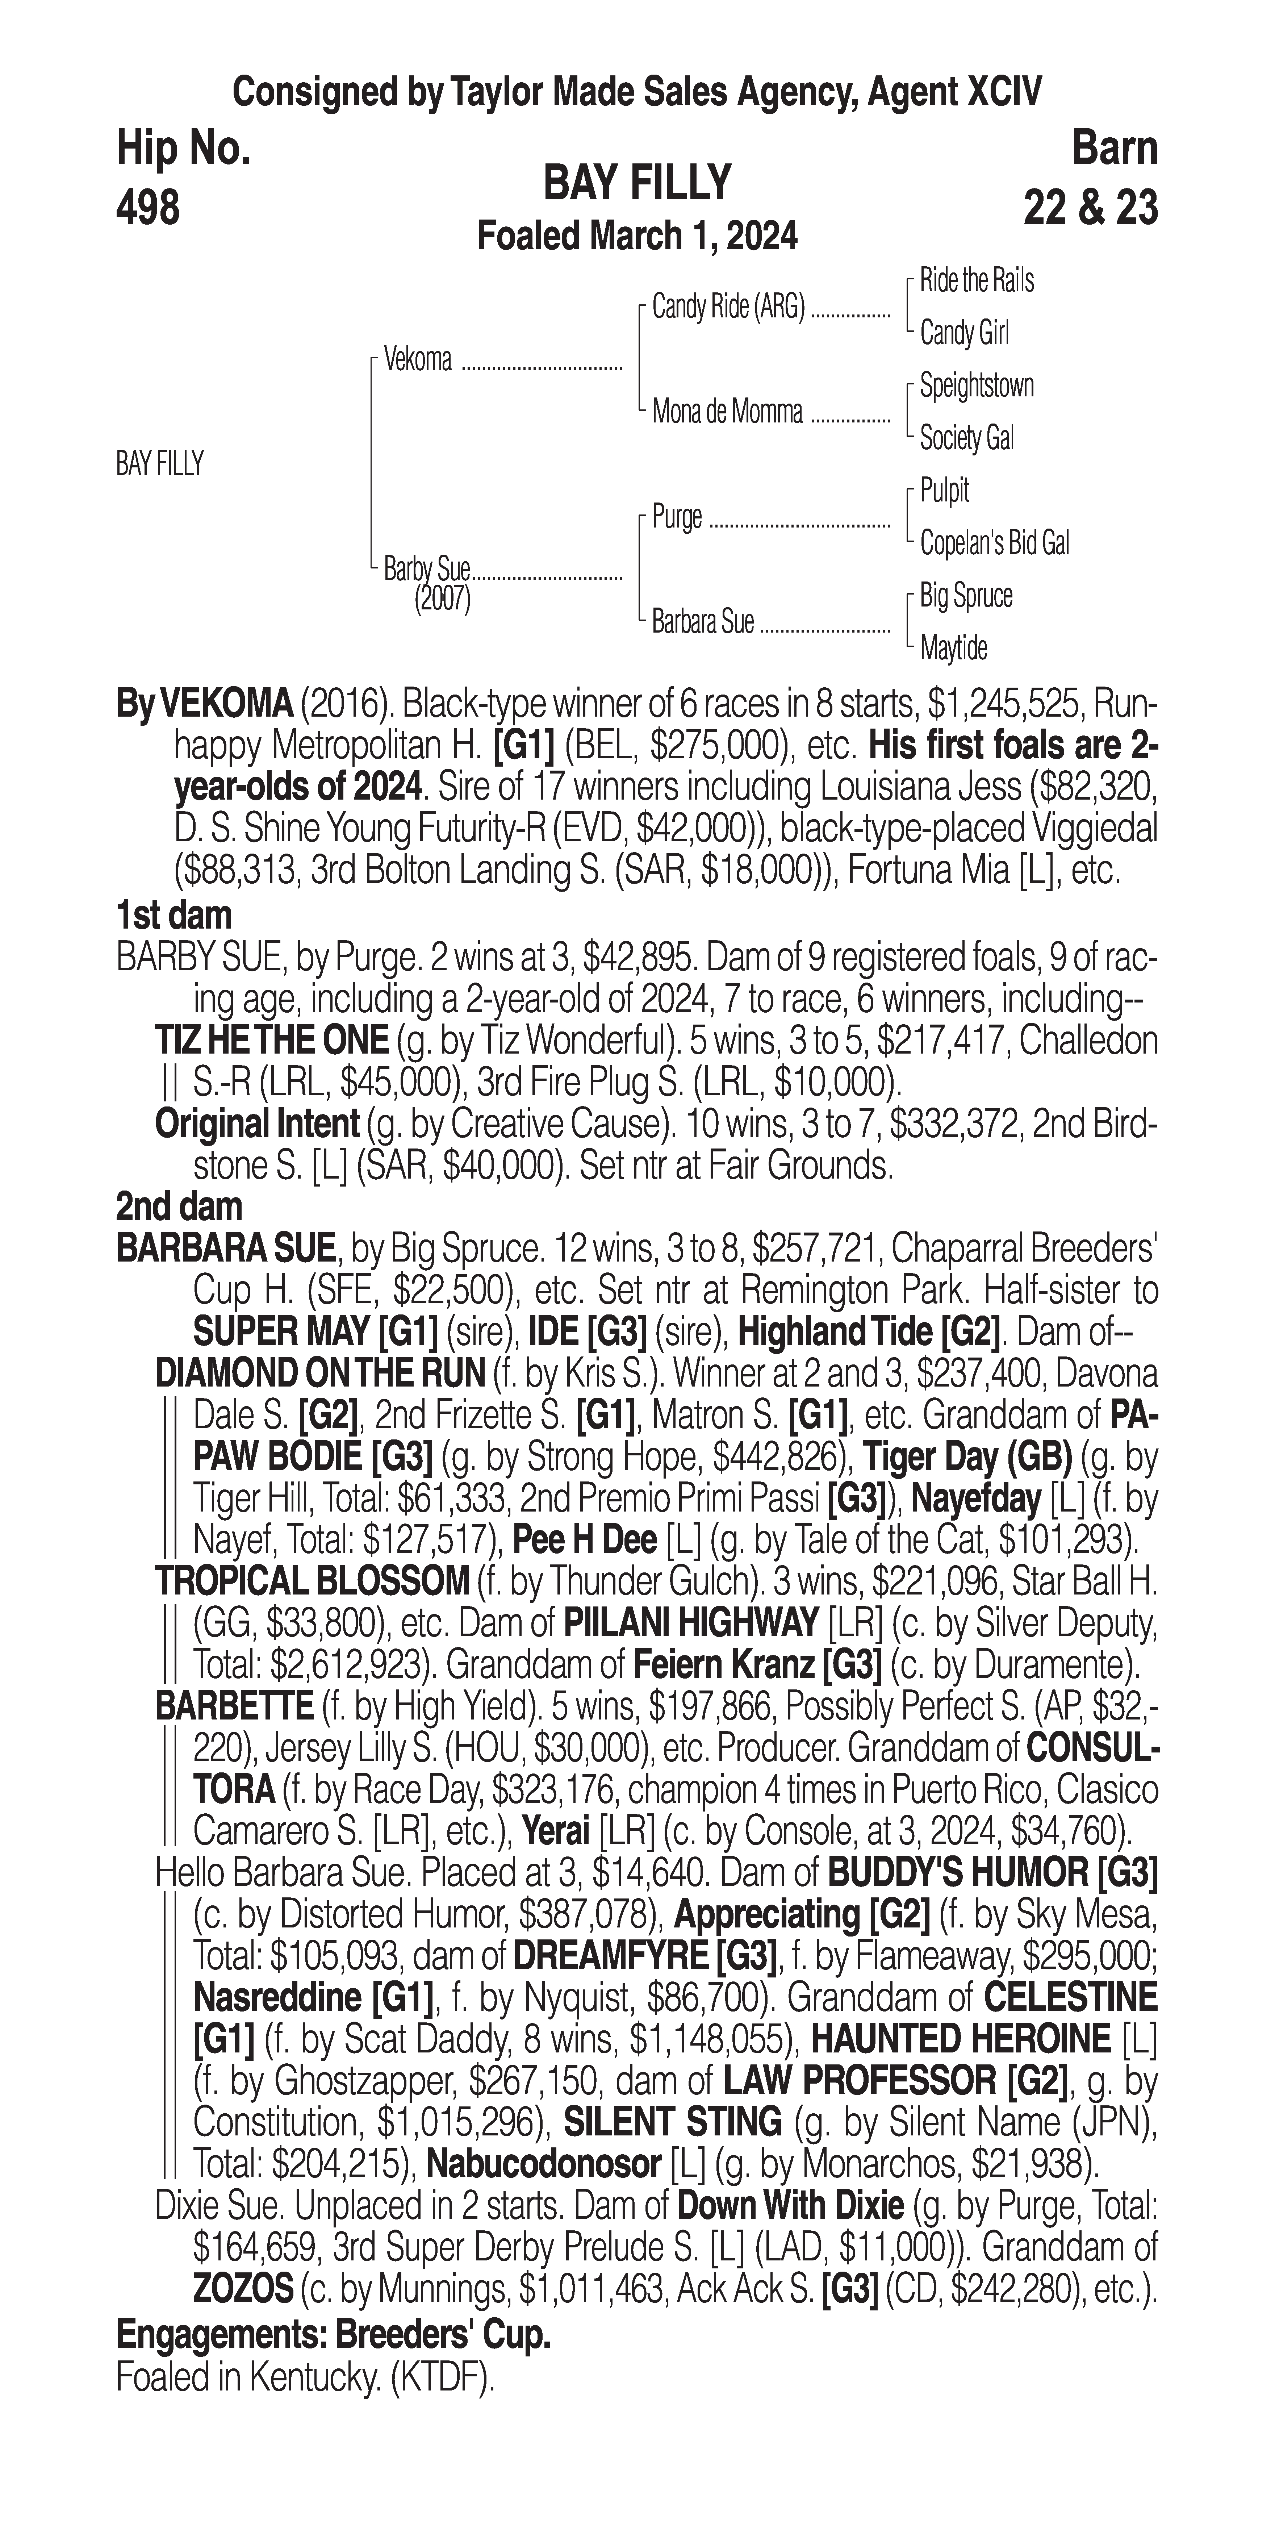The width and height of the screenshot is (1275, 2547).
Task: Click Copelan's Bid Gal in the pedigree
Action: [x=993, y=543]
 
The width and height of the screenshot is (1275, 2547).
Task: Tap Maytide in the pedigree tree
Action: [x=953, y=649]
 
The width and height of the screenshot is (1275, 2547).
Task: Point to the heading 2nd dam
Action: [x=179, y=1206]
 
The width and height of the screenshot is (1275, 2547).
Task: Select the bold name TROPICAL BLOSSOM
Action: [x=312, y=1581]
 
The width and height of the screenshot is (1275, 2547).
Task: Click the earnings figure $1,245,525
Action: [x=1018, y=706]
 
